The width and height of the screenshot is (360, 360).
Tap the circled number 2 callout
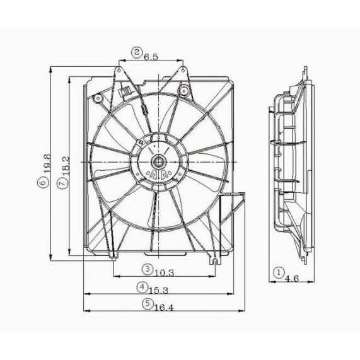(x=136, y=52)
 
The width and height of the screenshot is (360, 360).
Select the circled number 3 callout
(x=146, y=269)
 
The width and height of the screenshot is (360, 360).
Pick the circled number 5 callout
(x=147, y=304)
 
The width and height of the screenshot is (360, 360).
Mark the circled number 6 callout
(x=43, y=182)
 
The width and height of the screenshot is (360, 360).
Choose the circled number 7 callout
(x=61, y=182)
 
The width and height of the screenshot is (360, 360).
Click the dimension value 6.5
(x=151, y=56)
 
